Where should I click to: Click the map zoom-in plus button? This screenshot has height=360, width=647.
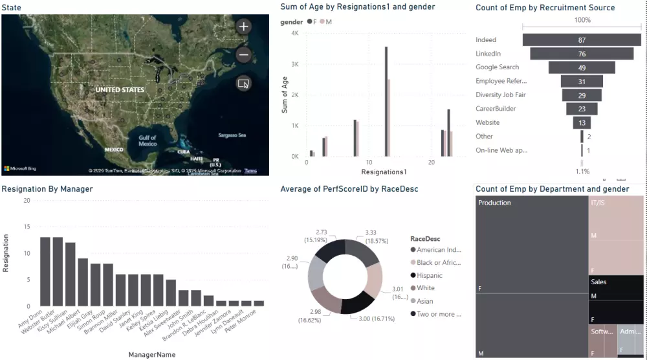click(x=243, y=27)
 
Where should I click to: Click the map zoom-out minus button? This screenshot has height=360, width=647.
click(x=243, y=55)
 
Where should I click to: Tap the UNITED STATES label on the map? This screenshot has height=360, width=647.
click(x=120, y=89)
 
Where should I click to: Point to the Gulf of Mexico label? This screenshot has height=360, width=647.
click(x=148, y=141)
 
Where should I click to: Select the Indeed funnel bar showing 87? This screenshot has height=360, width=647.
click(x=582, y=40)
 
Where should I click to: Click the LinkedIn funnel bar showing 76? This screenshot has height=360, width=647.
click(x=582, y=54)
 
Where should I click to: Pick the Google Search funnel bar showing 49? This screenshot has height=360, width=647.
click(x=582, y=67)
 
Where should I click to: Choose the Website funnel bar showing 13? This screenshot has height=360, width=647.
click(x=582, y=122)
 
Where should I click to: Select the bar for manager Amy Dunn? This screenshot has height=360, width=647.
click(x=45, y=271)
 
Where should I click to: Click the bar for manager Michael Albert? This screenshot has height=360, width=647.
click(x=83, y=282)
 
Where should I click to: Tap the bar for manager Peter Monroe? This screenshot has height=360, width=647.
click(x=259, y=303)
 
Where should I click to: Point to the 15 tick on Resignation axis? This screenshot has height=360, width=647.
click(x=27, y=227)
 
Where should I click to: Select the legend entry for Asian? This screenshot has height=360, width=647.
click(x=426, y=301)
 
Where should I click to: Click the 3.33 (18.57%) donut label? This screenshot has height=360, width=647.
click(x=371, y=236)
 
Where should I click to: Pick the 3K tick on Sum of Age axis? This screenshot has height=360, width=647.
click(x=294, y=64)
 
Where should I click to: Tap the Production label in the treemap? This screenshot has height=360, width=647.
click(x=494, y=203)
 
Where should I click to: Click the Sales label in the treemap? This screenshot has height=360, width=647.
click(x=598, y=282)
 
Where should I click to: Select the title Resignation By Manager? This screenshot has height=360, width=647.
click(x=47, y=189)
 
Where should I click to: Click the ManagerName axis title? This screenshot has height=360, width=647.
click(x=151, y=354)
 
